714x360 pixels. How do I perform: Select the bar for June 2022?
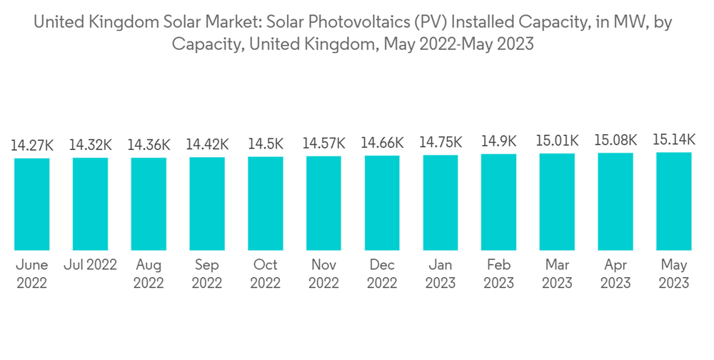pos(32,204)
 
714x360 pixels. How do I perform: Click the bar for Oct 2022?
pos(266,203)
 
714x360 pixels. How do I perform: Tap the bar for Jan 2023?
pos(441,202)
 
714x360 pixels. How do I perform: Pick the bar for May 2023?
pos(674,201)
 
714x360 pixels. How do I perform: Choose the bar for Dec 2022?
pos(382,203)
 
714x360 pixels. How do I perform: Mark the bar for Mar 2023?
pos(557,201)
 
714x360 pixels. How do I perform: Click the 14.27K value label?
pos(32,146)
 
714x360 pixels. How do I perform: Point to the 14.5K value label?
pos(266,144)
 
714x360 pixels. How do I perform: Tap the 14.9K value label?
pos(499,141)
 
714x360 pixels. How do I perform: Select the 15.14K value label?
pos(674,140)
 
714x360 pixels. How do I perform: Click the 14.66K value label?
pos(382,144)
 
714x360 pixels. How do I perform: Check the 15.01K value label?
pos(557,141)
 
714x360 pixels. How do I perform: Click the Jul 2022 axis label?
pos(90,265)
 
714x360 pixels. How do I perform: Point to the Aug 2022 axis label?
pos(149,274)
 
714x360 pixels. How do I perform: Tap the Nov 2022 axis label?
pos(323,274)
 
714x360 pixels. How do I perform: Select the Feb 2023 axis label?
pos(499,274)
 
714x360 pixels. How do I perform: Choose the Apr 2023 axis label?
pos(615,274)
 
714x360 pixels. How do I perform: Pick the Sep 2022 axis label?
pos(207,274)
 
